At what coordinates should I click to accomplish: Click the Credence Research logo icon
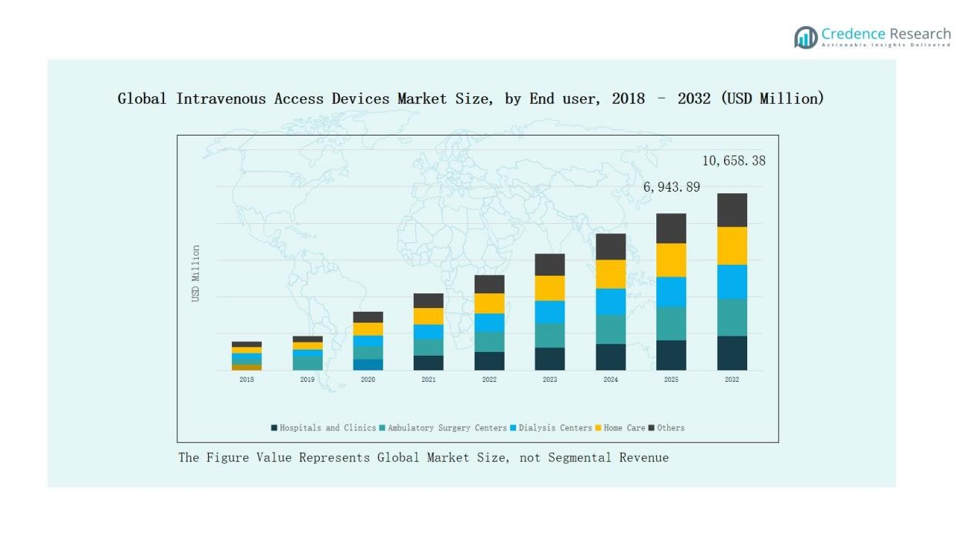pos(806,37)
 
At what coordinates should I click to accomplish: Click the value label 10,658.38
pos(733,161)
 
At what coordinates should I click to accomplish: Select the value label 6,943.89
pos(672,187)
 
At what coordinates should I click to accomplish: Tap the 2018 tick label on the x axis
pos(247,380)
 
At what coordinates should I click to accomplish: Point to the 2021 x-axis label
pos(428,380)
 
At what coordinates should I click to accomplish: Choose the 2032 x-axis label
pos(732,380)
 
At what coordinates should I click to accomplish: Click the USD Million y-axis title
pos(196,273)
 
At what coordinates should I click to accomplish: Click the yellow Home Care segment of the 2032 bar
pos(732,246)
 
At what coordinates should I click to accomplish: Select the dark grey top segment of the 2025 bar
pos(671,228)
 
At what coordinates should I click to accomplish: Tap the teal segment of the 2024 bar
pos(611,329)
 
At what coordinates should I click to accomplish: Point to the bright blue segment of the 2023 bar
pos(550,312)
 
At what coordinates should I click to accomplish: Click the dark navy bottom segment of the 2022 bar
pos(489,361)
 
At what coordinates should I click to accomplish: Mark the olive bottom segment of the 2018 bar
pos(247,367)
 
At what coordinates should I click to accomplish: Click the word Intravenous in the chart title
pos(221,99)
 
